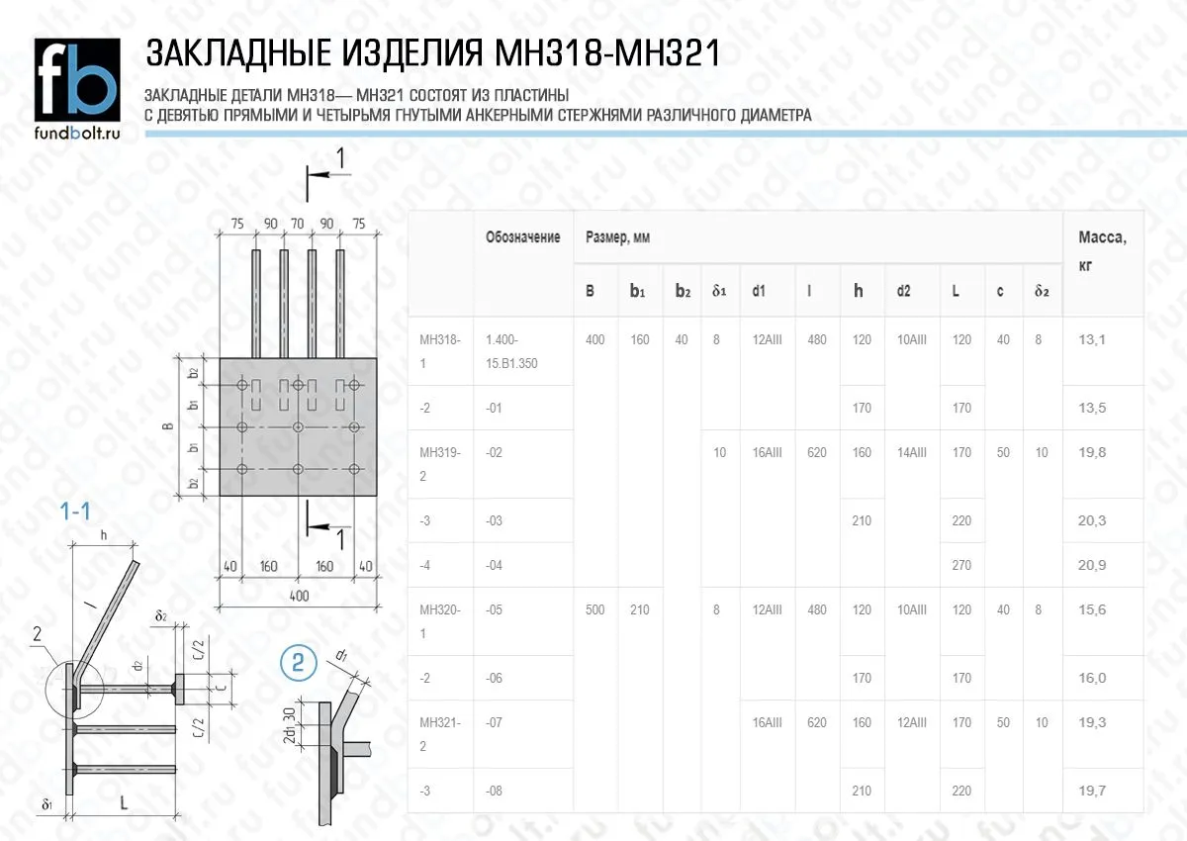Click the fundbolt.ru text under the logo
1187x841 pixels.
[x=77, y=133]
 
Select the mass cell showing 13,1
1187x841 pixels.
[x=1092, y=339]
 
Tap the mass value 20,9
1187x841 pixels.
[x=1092, y=565]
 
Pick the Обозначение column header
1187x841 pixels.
[x=522, y=237]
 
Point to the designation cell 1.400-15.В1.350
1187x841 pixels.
[x=511, y=350]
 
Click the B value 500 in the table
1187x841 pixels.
[x=594, y=610]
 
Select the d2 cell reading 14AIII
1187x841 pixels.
[x=911, y=453]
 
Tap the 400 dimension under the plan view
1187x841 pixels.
[x=299, y=596]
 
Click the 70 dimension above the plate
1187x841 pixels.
[x=298, y=225]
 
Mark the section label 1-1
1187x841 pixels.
[x=76, y=512]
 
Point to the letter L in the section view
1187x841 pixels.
[x=124, y=804]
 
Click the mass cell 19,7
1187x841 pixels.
[x=1092, y=791]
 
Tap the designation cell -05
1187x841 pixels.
[x=495, y=610]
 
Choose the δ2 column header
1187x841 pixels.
[x=1041, y=292]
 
